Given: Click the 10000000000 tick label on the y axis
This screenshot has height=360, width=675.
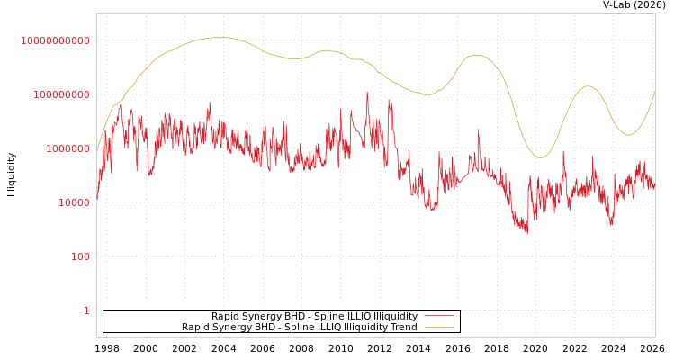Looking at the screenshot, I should (55, 40).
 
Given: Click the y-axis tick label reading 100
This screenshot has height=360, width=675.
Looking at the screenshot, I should (80, 256).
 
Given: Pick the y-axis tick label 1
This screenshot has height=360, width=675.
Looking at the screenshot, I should (86, 310).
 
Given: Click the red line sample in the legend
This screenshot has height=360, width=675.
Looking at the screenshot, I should (438, 317).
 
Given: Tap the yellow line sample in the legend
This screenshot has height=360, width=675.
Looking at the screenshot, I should (438, 328).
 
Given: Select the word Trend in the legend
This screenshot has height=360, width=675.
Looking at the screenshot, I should (402, 328).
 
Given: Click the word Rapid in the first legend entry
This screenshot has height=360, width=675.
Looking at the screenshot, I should (226, 317).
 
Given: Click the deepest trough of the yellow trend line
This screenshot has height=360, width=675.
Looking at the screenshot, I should (540, 157).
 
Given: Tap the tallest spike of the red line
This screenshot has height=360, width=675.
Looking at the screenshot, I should (367, 92).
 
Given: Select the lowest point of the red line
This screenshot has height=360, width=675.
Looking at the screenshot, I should (527, 233).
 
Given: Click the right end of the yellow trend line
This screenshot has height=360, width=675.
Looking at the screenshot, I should (655, 90).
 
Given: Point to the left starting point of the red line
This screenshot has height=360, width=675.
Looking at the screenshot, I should (97, 200).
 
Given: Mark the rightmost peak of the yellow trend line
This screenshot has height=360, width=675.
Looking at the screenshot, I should (588, 86).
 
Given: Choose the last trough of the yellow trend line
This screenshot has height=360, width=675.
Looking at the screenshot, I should (629, 135).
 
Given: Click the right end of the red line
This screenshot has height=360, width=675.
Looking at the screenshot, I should (655, 188).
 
